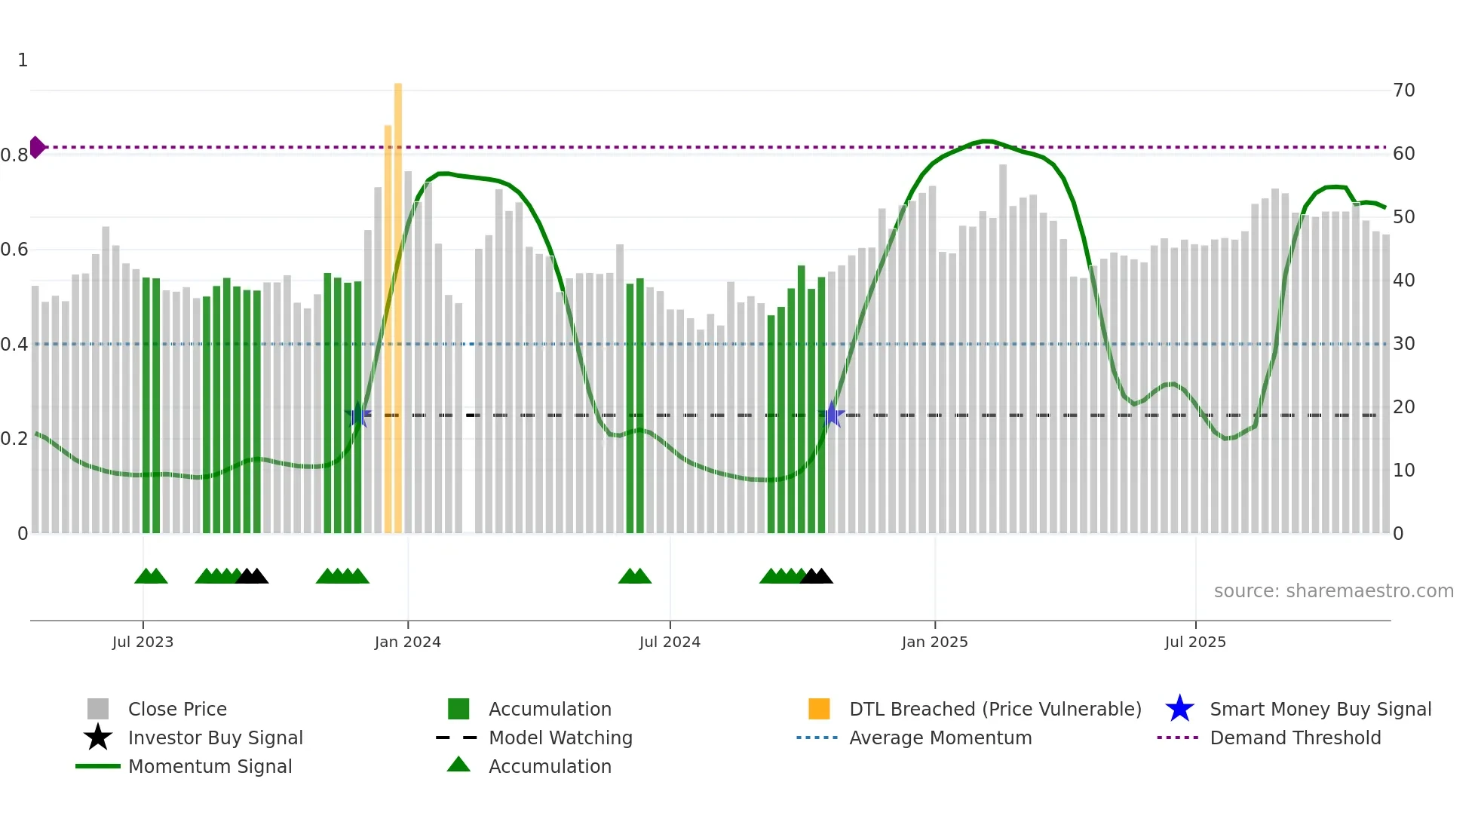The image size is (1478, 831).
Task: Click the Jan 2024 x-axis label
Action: tap(407, 642)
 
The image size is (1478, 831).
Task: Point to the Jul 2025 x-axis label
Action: tap(1195, 642)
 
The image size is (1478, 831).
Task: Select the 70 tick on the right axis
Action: tap(1403, 90)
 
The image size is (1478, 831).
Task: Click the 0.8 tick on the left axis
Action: tap(14, 155)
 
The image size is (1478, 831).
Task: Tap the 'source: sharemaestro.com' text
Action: tap(1333, 591)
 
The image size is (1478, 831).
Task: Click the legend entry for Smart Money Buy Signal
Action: tap(1320, 709)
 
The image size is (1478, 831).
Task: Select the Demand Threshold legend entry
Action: tap(1295, 737)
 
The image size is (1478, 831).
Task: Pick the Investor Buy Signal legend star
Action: tap(98, 737)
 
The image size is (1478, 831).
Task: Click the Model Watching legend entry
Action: tap(560, 737)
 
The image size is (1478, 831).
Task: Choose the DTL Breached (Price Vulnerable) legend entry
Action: tap(995, 709)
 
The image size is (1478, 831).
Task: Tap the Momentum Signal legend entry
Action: tap(210, 766)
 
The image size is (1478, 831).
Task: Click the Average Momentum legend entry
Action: tap(940, 737)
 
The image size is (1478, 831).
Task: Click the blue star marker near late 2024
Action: tap(832, 414)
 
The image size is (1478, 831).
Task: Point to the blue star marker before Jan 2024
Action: tap(357, 414)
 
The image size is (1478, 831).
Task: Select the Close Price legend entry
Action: tap(176, 709)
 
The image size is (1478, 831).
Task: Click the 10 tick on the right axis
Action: tap(1403, 471)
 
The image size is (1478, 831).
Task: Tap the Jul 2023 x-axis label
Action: tap(143, 642)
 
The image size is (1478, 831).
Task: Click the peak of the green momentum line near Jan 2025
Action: tap(986, 141)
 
